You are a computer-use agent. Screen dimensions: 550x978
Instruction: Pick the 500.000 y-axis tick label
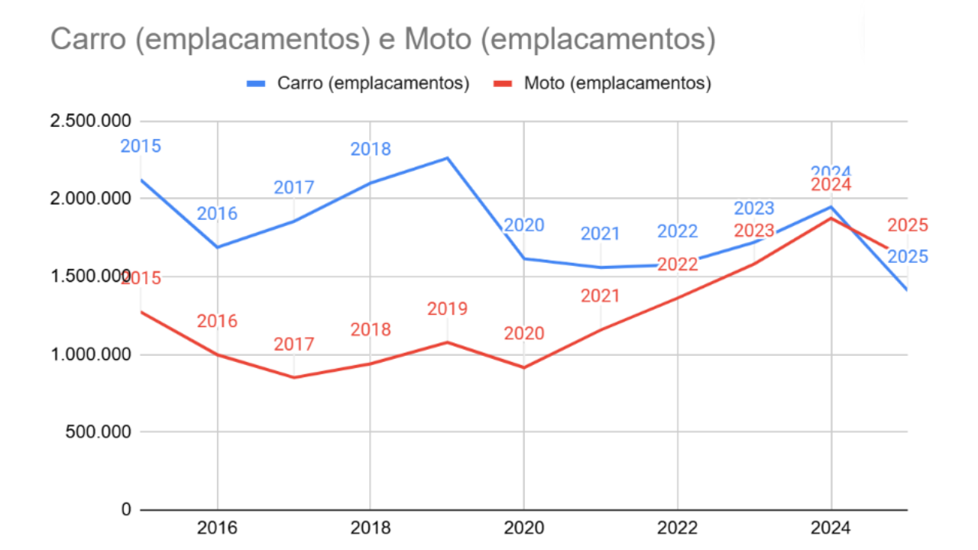pos(94,432)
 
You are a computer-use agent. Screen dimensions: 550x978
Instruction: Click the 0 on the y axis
pos(126,510)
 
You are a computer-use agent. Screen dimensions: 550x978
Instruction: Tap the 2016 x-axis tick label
pos(218,528)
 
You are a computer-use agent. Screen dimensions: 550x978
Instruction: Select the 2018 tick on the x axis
pos(371,528)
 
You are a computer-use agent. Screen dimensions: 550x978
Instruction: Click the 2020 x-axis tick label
pos(524,528)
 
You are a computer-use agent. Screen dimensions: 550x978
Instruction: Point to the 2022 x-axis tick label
pos(678,528)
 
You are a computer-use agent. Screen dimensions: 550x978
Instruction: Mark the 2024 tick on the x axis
pos(831,528)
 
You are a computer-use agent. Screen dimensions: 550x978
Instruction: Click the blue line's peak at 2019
pos(448,158)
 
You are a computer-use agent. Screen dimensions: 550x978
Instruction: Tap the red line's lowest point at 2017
pos(294,377)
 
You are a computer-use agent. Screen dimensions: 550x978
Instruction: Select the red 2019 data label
pos(448,309)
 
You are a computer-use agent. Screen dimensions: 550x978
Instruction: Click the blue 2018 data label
pos(371,150)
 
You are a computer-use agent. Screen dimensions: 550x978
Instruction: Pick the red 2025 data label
pos(908,225)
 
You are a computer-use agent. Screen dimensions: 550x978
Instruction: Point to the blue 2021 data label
pos(601,234)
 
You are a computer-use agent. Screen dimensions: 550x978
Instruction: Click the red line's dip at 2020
pos(524,367)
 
